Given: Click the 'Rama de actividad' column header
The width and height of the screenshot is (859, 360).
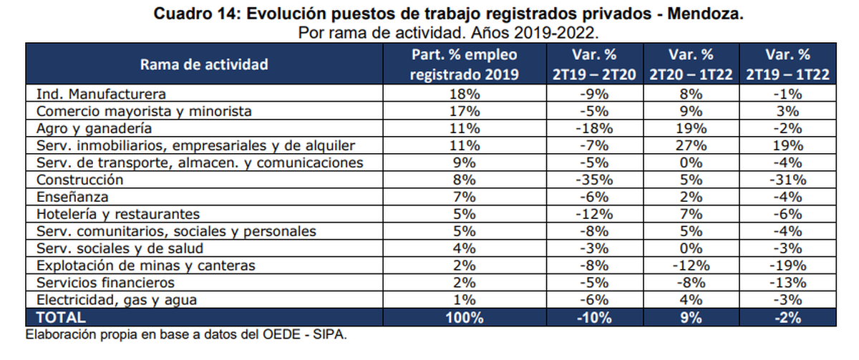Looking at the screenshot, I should pyautogui.click(x=204, y=64).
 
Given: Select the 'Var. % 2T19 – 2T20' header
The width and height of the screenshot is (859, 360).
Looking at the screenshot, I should pyautogui.click(x=594, y=64).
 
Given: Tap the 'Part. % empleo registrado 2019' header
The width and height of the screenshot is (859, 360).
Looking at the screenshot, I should pyautogui.click(x=464, y=64).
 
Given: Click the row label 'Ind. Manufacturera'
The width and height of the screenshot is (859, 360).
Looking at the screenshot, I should pyautogui.click(x=101, y=94).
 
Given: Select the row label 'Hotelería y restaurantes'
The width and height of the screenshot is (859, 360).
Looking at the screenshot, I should pyautogui.click(x=117, y=214).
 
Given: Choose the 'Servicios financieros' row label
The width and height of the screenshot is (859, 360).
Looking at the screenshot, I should pyautogui.click(x=105, y=283).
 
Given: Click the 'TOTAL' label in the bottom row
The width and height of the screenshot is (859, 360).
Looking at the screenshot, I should pyautogui.click(x=61, y=317).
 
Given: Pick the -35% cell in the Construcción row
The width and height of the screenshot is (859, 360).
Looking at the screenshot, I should pyautogui.click(x=594, y=180).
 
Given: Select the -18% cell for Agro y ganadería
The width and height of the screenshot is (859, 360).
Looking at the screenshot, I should pyautogui.click(x=594, y=128).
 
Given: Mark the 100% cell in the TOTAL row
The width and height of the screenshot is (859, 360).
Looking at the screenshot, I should pyautogui.click(x=464, y=317).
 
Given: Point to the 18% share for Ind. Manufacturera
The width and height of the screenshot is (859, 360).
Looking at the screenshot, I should pyautogui.click(x=464, y=94).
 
